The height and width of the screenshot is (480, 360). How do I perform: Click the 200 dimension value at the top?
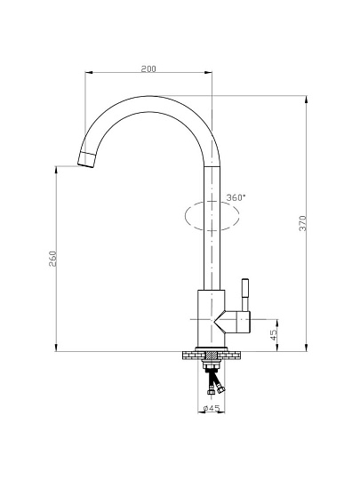(148, 68)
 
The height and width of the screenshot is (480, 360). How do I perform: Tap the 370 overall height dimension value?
(302, 223)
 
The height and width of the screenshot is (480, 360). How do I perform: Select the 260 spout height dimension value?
(52, 259)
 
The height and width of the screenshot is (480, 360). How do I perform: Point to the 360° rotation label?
(236, 197)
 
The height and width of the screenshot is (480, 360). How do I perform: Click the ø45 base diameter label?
(212, 408)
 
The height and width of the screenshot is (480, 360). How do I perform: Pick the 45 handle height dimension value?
(274, 335)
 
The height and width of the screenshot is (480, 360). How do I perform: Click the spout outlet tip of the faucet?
(86, 159)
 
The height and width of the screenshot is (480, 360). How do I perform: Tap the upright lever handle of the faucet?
(245, 295)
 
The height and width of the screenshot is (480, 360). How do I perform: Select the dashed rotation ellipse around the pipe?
(212, 216)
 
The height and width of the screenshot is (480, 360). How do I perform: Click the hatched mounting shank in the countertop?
(212, 355)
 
